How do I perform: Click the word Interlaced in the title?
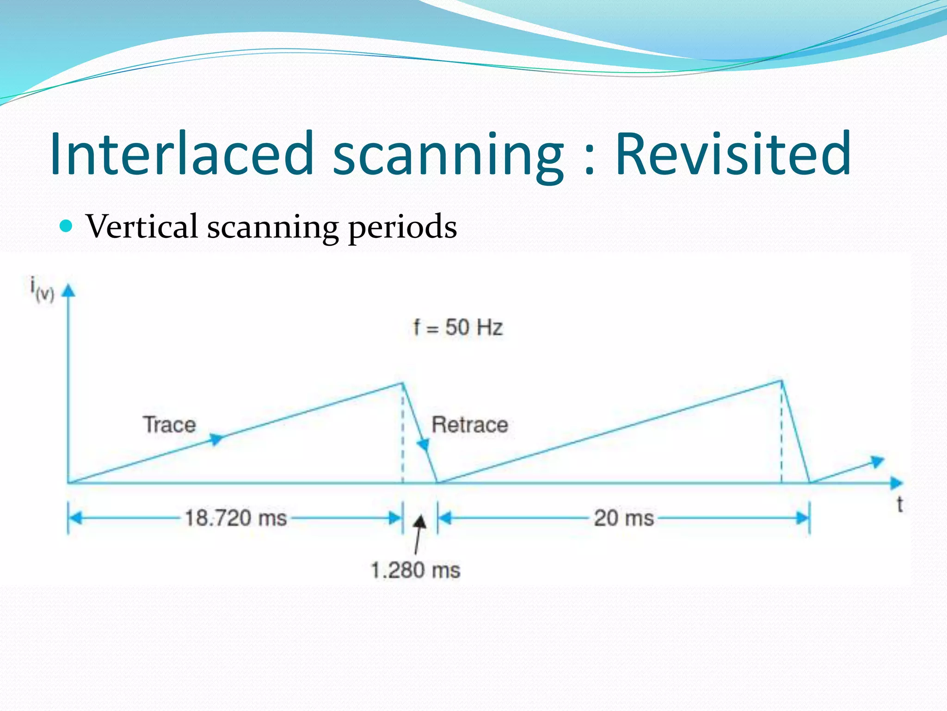click(182, 154)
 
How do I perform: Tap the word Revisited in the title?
click(733, 154)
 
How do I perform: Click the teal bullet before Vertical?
click(67, 226)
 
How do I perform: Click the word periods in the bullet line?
click(402, 228)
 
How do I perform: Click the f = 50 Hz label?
click(457, 327)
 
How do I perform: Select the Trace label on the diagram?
click(169, 424)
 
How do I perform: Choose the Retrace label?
click(469, 424)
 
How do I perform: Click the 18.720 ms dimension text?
click(236, 518)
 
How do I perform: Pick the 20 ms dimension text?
click(624, 518)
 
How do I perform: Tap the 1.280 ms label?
click(415, 570)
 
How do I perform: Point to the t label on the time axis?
click(899, 504)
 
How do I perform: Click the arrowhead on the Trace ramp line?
click(216, 438)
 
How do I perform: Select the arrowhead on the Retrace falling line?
click(423, 445)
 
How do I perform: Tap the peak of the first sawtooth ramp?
click(402, 383)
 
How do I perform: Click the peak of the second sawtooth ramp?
click(781, 380)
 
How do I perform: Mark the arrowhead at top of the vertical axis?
click(68, 290)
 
